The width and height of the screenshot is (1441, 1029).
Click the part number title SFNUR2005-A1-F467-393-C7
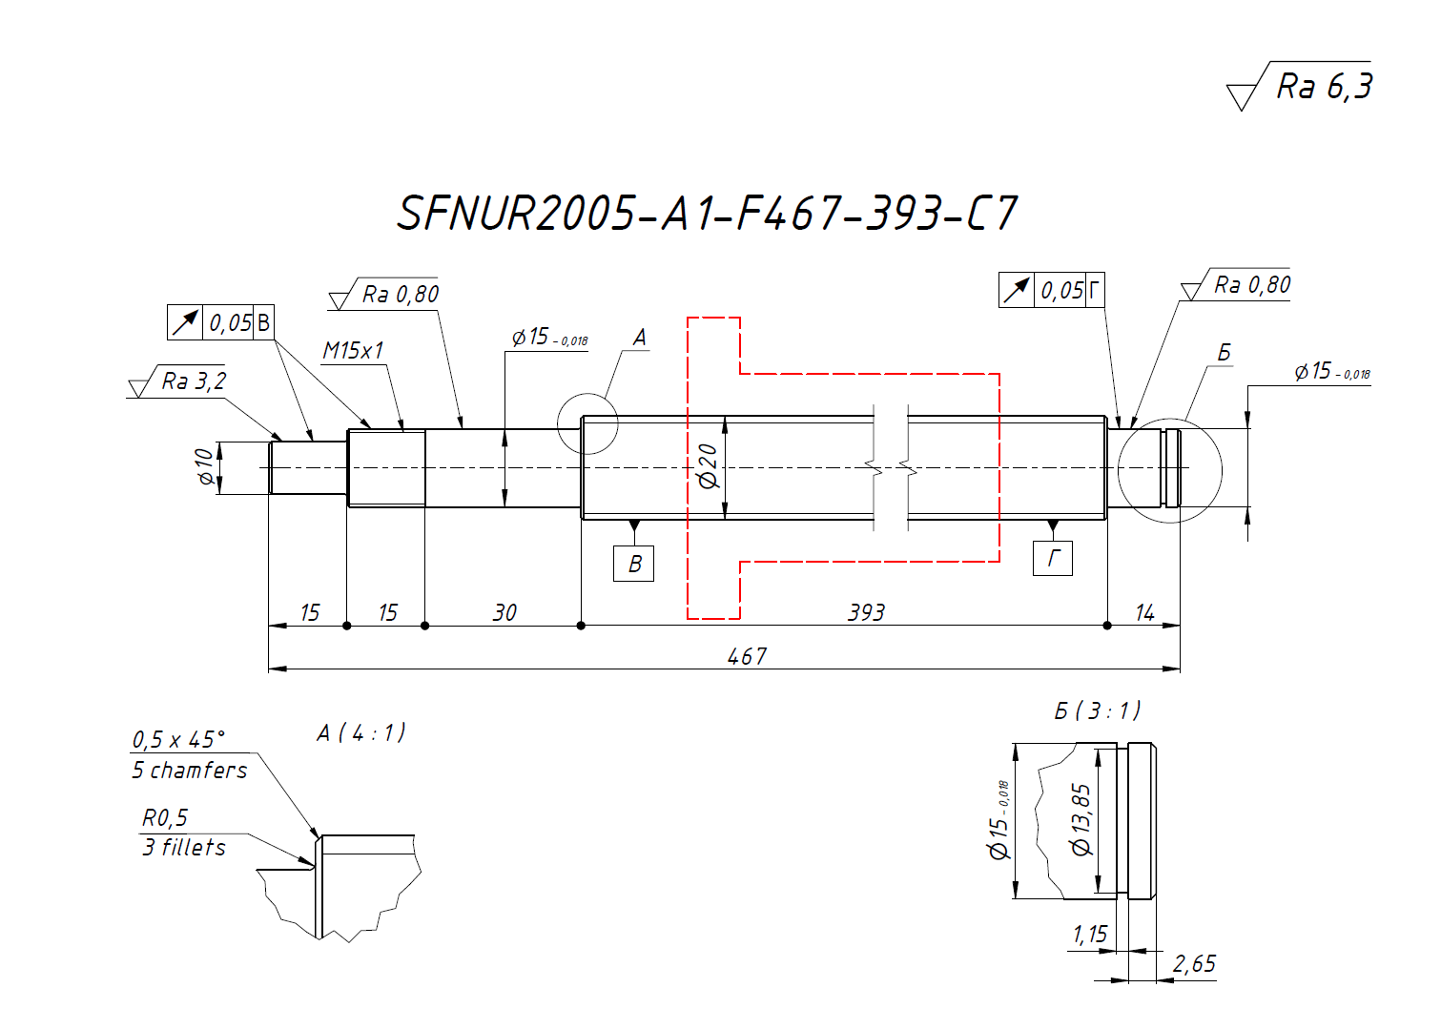click(x=707, y=213)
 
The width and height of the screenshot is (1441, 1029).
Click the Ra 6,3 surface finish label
click(x=1324, y=87)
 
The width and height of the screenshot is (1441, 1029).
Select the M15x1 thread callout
click(x=353, y=351)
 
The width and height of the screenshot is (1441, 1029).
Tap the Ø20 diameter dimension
click(x=709, y=465)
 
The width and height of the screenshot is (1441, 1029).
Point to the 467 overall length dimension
click(x=747, y=656)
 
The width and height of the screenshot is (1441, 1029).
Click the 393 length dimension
click(x=866, y=612)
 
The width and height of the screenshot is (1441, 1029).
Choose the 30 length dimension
click(x=504, y=612)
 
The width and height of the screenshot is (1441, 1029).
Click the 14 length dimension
click(x=1144, y=612)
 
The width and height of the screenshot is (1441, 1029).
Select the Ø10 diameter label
click(x=205, y=466)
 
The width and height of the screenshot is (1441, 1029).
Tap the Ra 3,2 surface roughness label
click(x=194, y=381)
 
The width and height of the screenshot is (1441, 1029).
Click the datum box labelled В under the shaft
click(x=634, y=564)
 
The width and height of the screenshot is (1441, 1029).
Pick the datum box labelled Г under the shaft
click(x=1053, y=558)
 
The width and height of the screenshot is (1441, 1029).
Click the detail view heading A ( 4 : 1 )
click(x=360, y=732)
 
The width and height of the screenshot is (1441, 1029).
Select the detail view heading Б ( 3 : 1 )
click(x=1097, y=710)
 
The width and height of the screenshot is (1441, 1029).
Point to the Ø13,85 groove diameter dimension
click(x=1081, y=819)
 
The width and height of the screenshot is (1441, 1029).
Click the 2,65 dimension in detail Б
click(x=1194, y=964)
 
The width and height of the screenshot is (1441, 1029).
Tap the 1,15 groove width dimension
click(x=1090, y=934)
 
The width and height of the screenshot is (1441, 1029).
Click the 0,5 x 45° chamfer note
click(x=179, y=740)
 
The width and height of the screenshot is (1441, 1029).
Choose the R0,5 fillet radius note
click(x=165, y=818)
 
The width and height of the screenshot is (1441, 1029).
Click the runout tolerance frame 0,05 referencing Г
click(x=1052, y=290)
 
